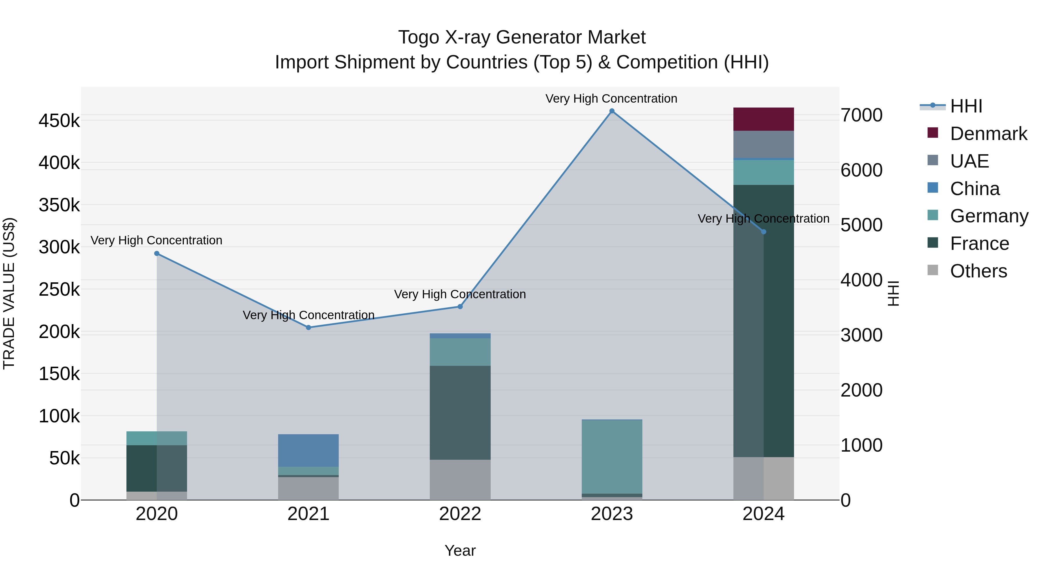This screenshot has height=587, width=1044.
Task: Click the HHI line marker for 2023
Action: pyautogui.click(x=612, y=111)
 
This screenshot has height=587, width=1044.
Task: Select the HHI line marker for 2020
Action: pyautogui.click(x=157, y=254)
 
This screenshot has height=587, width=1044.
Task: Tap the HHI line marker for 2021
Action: pyautogui.click(x=309, y=327)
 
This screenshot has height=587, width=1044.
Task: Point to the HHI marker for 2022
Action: pyautogui.click(x=460, y=307)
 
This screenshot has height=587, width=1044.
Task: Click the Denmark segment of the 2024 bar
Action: pyautogui.click(x=763, y=119)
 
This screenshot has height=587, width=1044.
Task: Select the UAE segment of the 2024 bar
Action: pyautogui.click(x=763, y=144)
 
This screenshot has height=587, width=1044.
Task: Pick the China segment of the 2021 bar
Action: pyautogui.click(x=309, y=450)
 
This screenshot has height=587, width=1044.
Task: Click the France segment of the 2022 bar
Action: pyautogui.click(x=460, y=412)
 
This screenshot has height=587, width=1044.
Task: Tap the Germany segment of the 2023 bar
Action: pyautogui.click(x=612, y=457)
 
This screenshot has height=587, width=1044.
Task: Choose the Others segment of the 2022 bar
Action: pyautogui.click(x=460, y=480)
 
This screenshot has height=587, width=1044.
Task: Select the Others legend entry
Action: pyautogui.click(x=978, y=271)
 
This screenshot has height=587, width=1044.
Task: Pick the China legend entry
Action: pyautogui.click(x=975, y=189)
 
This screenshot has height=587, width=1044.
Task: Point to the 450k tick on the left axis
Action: pyautogui.click(x=59, y=121)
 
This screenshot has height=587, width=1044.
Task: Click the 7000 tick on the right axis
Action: pyautogui.click(x=861, y=115)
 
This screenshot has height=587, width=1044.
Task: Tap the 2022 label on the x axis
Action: pyautogui.click(x=460, y=514)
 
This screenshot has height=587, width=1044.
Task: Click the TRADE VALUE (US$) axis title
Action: pyautogui.click(x=9, y=293)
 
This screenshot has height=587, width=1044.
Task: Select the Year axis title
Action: pyautogui.click(x=460, y=550)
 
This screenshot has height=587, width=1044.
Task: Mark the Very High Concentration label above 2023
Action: pyautogui.click(x=611, y=99)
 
